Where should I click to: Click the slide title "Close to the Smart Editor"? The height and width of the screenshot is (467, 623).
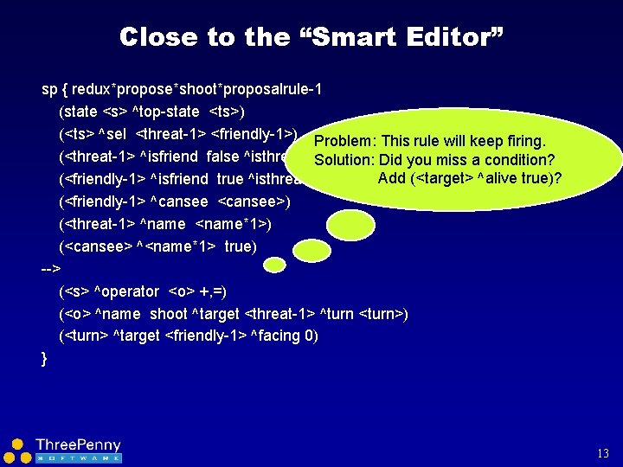click(311, 36)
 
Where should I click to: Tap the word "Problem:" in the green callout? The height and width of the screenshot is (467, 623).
click(345, 141)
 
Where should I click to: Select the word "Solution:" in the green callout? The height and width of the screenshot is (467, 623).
click(345, 160)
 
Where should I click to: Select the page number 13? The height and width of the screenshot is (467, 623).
click(603, 453)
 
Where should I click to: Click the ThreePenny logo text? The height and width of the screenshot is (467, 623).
click(78, 445)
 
